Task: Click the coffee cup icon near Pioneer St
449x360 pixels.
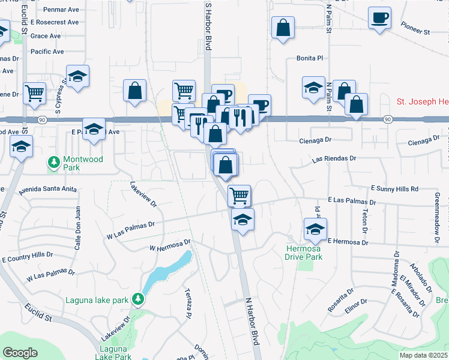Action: (x=379, y=19)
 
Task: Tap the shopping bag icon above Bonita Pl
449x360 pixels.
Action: (x=283, y=28)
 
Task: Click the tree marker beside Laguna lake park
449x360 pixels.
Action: (x=139, y=298)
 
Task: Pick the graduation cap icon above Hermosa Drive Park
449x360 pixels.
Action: (x=315, y=229)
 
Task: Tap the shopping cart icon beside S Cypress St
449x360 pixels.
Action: (x=35, y=93)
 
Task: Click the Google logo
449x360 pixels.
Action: (x=20, y=353)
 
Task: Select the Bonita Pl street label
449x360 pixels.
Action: (x=310, y=58)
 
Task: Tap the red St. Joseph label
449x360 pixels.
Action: (x=423, y=102)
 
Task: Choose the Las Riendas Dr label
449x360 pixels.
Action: (x=334, y=159)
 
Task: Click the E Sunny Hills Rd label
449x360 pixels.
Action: (x=394, y=188)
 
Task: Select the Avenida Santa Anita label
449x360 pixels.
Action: (x=47, y=190)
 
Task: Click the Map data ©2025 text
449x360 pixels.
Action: (x=423, y=355)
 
